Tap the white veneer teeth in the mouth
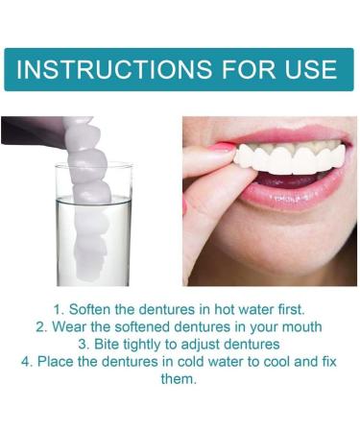[288, 156]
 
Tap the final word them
[180, 378]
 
